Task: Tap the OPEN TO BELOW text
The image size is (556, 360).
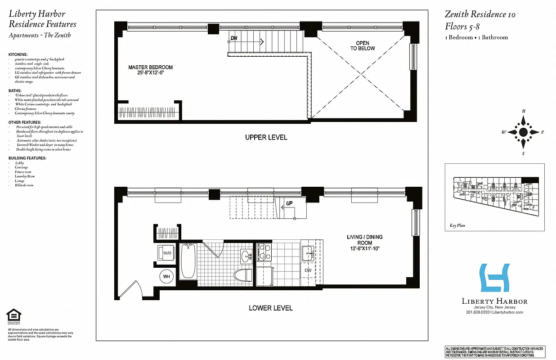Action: click(363, 46)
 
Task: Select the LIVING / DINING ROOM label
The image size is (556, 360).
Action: click(364, 243)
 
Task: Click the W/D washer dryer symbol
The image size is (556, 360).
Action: click(167, 253)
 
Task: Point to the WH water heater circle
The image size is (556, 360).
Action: click(166, 276)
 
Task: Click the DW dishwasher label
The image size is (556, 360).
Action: click(308, 270)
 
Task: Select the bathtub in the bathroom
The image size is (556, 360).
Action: click(187, 262)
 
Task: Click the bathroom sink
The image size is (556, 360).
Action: click(246, 257)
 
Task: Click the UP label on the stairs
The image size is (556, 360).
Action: click(290, 203)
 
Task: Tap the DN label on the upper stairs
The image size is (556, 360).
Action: click(233, 38)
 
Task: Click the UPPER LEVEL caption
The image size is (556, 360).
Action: click(266, 137)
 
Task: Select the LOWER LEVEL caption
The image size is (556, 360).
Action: click(270, 308)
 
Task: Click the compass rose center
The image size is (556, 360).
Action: click(523, 132)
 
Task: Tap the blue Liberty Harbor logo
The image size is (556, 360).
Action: click(495, 278)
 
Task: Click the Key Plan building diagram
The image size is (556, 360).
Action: click(494, 197)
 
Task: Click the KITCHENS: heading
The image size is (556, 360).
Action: click(18, 54)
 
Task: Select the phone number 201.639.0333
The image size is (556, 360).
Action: click(478, 312)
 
